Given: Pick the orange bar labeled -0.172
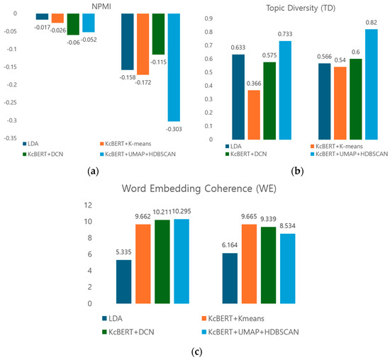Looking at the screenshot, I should (x=143, y=44).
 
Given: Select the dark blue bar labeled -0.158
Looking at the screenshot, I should (x=127, y=41).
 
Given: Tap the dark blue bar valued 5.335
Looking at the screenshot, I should (x=123, y=281).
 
